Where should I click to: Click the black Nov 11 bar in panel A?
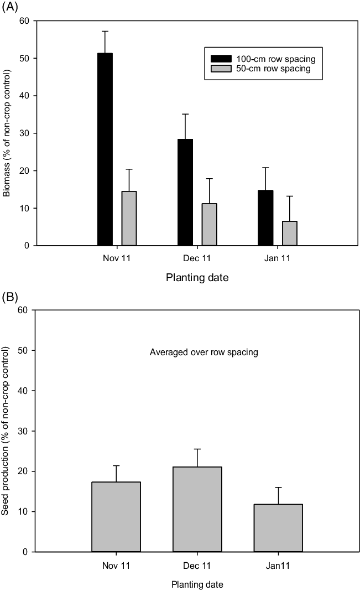coord(105,149)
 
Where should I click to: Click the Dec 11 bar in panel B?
coord(197,509)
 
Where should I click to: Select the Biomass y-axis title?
coord(7,133)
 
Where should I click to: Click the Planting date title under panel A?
coord(197,278)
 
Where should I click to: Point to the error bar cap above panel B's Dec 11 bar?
coord(197,449)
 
